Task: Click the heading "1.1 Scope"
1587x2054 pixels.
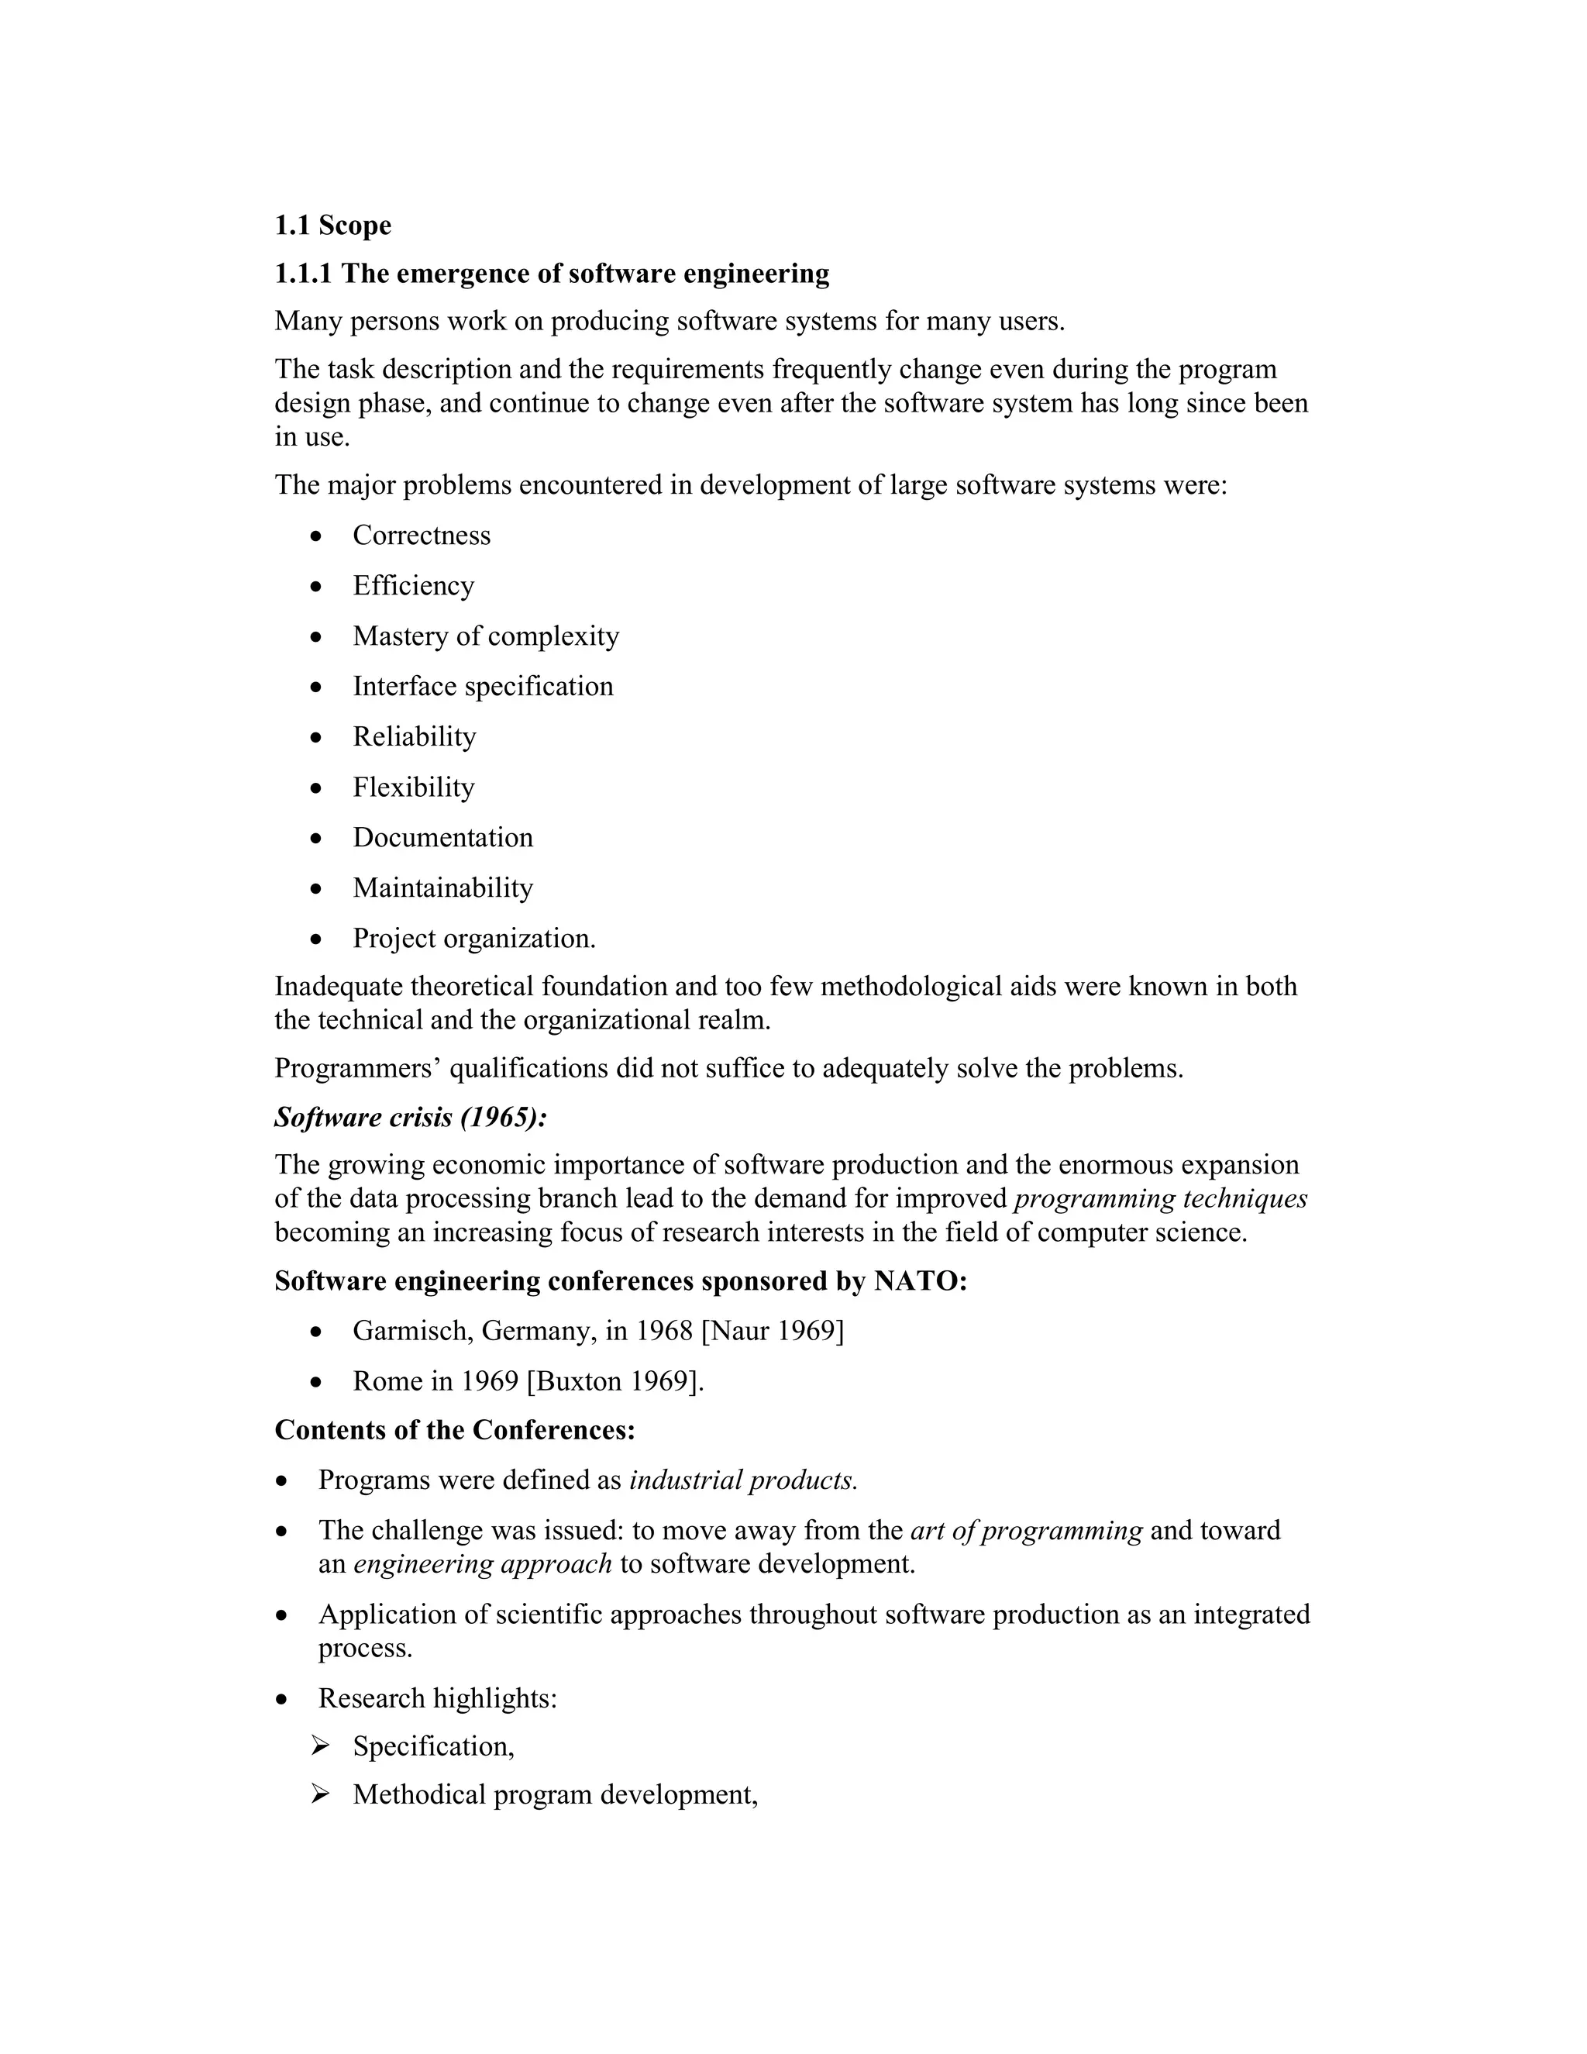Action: coord(332,226)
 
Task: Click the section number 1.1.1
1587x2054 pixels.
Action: coord(303,274)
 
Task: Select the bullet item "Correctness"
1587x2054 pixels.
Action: coord(422,535)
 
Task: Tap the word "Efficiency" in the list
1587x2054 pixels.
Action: coord(414,586)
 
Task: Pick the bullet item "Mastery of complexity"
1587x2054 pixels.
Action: coord(485,636)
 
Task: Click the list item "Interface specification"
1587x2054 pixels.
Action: coord(482,687)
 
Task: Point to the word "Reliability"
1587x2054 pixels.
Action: coord(415,736)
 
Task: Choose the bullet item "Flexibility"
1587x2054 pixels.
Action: coord(414,787)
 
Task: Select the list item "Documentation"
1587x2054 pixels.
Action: coord(442,837)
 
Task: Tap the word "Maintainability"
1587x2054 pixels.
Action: coord(442,887)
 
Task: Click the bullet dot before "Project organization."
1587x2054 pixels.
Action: coord(317,939)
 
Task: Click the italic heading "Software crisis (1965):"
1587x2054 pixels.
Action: coord(411,1117)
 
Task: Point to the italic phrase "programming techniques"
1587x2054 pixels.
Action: coord(1161,1199)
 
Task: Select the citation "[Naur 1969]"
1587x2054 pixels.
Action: coord(772,1331)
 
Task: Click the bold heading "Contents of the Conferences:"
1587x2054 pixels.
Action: coord(455,1431)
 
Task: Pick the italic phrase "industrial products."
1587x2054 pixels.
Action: coord(742,1480)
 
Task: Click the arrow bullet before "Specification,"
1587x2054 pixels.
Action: coord(320,1746)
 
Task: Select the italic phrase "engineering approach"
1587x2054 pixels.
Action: coord(482,1564)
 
